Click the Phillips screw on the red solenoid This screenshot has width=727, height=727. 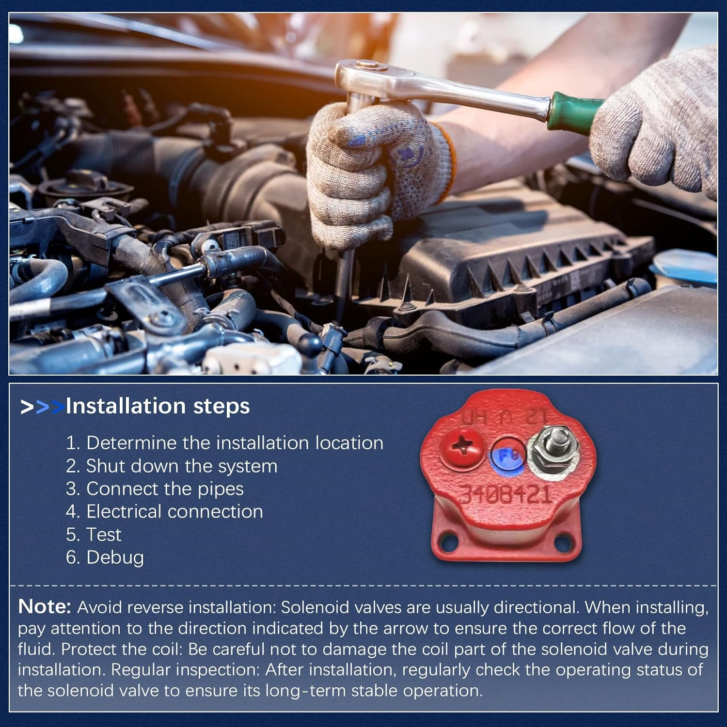[x=462, y=448]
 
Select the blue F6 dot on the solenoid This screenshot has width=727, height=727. [x=507, y=456]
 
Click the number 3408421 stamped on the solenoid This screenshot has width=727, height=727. [x=505, y=494]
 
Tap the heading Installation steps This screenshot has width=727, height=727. [x=158, y=406]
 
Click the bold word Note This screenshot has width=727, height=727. [x=45, y=607]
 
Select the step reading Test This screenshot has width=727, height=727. [x=94, y=535]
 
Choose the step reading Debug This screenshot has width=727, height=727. [x=105, y=558]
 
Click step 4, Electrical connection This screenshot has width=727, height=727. [x=164, y=512]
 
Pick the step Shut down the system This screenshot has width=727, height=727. [x=172, y=466]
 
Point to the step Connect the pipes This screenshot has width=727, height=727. [x=155, y=489]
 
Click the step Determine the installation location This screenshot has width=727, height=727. [x=224, y=443]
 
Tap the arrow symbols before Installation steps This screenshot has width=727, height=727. [x=42, y=407]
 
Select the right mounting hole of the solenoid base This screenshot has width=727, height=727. [x=562, y=541]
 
